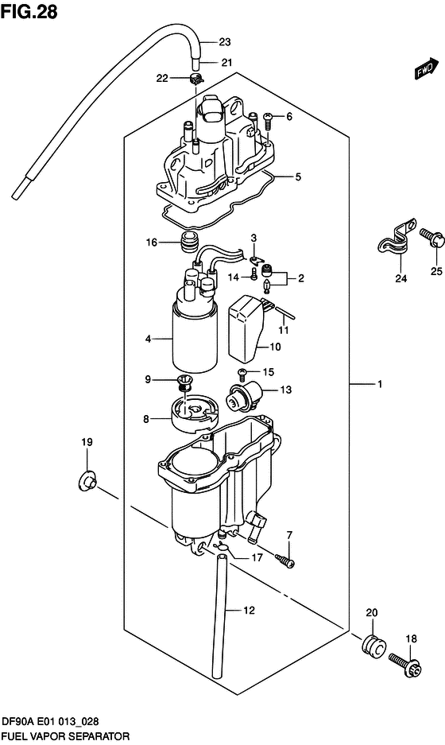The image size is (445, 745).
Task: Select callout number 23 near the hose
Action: [224, 42]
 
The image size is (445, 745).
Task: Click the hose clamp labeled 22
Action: [196, 79]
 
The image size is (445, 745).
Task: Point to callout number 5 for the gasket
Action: [299, 177]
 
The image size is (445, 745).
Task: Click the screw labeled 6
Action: [268, 118]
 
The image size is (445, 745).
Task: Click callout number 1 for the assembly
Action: [380, 385]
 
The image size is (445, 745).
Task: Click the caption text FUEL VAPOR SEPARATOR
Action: [63, 737]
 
